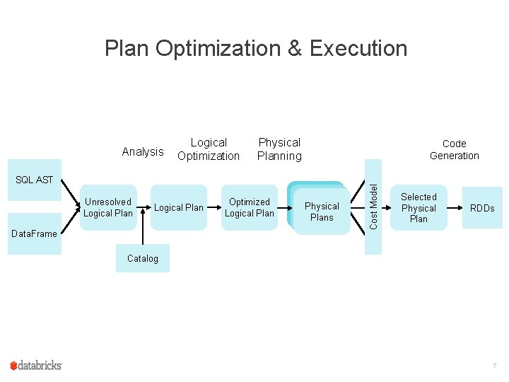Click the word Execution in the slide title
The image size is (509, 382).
pos(358,49)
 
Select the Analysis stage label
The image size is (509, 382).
pos(143,151)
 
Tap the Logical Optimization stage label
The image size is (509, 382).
pos(209,149)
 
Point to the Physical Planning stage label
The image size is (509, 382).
pos(279,149)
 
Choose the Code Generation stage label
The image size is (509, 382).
pos(455,149)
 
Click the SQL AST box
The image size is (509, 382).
pos(34,180)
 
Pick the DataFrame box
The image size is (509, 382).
pos(34,233)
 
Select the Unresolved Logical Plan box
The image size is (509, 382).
pos(108,207)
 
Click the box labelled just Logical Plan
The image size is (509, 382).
pos(178,207)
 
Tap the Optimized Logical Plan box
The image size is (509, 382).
pos(250,207)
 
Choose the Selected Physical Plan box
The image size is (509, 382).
pos(419,208)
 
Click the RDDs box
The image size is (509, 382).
pos(482,208)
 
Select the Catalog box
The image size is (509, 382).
pos(143,258)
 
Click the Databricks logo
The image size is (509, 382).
pos(36,365)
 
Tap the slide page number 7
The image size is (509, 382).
pos(495,366)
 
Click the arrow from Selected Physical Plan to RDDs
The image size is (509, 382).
pos(455,208)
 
